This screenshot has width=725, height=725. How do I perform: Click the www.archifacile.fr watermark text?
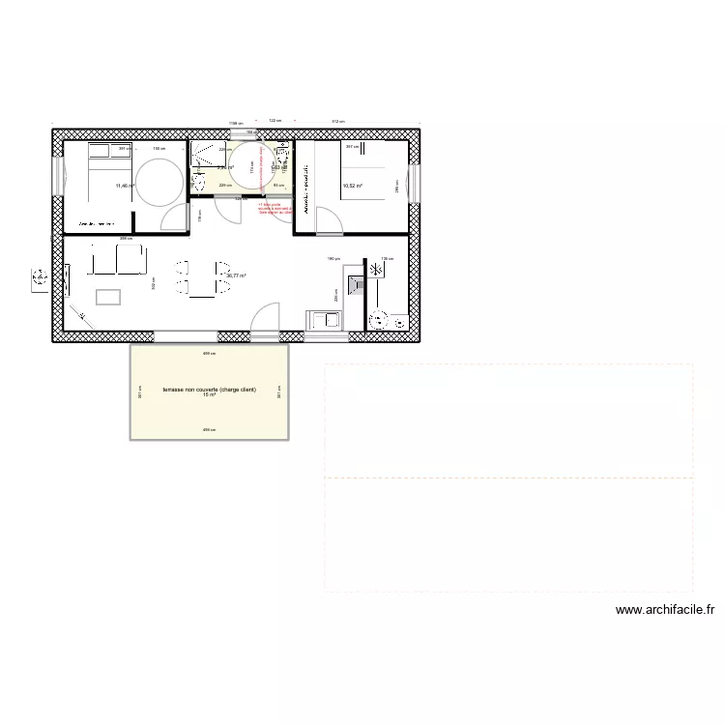(x=663, y=610)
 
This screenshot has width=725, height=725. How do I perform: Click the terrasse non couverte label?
(x=209, y=389)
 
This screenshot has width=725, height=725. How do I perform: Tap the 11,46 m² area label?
(x=125, y=186)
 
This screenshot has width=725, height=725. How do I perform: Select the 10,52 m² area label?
(x=352, y=186)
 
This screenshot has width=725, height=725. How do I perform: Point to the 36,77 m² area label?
(x=235, y=275)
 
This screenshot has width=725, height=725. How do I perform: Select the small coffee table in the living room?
(x=107, y=296)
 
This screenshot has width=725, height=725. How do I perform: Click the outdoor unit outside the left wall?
(x=40, y=279)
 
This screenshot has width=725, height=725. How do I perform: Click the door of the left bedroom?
(x=175, y=217)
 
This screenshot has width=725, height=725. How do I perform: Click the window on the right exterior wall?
(x=414, y=184)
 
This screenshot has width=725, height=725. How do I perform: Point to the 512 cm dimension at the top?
(x=337, y=121)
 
